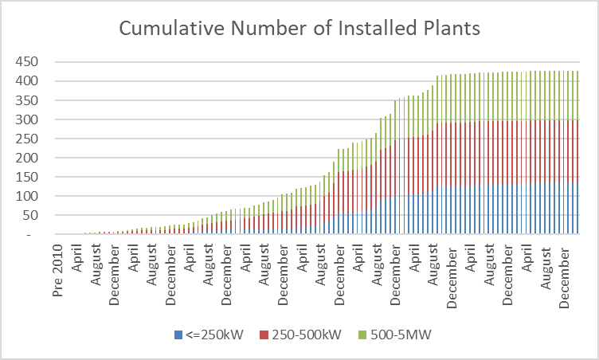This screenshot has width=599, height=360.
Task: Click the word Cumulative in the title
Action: pos(168,29)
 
